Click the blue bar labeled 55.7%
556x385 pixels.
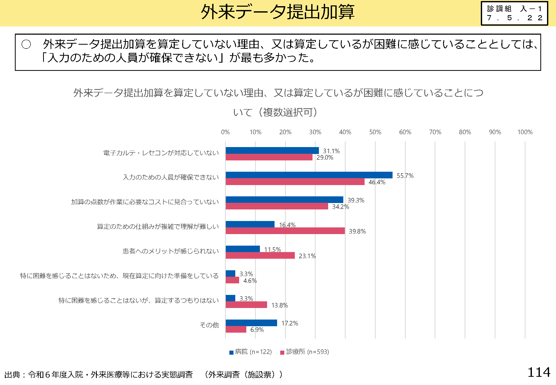point(309,175)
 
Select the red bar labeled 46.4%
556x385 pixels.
point(295,182)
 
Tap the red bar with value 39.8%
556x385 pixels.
point(285,231)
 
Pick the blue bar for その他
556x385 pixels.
point(251,323)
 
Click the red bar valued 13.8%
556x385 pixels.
point(246,305)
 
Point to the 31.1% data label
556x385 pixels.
point(331,151)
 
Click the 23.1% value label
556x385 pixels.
point(307,256)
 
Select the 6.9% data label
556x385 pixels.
point(257,330)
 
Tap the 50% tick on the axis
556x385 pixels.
point(375,132)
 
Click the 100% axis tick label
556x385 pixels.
point(525,132)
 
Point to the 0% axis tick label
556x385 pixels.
point(225,132)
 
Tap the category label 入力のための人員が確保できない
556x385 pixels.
point(171,177)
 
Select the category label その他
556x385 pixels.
point(209,325)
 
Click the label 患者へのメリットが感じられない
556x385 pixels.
point(171,251)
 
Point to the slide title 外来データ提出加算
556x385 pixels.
point(278,12)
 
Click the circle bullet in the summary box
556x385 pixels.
point(26,44)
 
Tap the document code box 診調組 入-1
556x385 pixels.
point(514,13)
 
